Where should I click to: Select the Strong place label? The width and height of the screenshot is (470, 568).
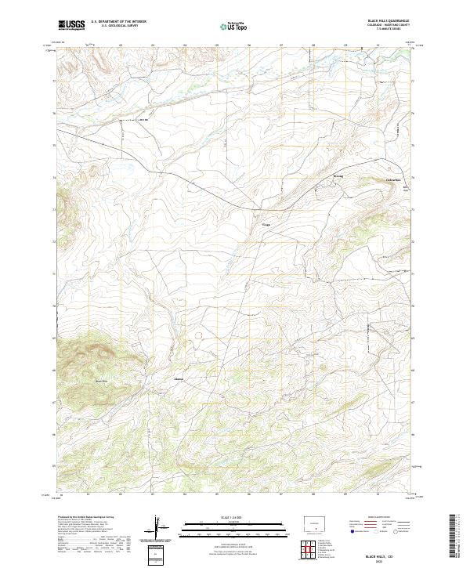(338, 176)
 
